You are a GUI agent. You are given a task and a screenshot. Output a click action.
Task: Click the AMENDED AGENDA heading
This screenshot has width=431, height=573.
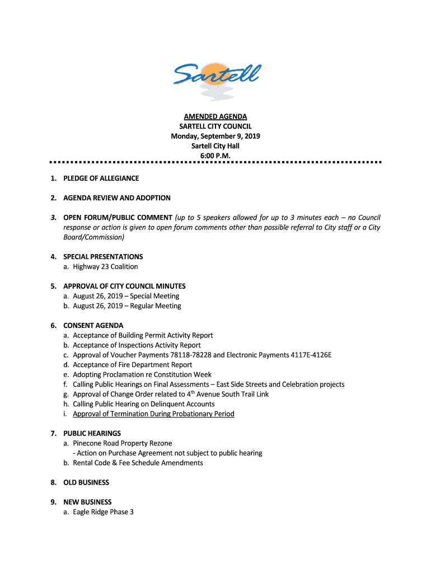(215, 116)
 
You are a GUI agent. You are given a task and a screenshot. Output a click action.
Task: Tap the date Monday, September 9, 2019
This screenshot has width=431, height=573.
(215, 136)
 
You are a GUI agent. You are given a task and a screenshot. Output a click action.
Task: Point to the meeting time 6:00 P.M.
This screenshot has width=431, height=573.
(215, 156)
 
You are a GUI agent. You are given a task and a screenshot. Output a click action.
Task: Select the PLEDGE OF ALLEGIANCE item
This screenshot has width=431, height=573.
(101, 179)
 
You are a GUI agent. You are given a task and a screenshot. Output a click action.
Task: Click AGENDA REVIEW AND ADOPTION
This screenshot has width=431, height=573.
(116, 198)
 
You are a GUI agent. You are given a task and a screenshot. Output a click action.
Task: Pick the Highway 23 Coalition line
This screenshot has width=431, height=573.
(105, 267)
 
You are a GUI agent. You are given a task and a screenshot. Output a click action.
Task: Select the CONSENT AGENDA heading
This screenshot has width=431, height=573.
(93, 326)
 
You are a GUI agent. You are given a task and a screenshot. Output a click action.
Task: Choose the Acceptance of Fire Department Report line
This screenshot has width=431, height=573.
(132, 365)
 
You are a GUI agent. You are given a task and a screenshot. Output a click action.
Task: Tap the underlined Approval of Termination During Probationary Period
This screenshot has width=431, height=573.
(153, 414)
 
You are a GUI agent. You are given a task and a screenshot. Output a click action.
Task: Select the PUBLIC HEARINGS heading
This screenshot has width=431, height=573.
(92, 434)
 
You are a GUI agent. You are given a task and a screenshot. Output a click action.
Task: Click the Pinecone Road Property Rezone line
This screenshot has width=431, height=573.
(122, 443)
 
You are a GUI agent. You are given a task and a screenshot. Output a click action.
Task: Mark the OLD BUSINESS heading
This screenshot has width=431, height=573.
(86, 482)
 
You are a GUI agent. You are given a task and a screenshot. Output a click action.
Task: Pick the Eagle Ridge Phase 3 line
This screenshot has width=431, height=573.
(103, 512)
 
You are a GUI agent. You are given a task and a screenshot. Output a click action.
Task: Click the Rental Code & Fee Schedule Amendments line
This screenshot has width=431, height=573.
(138, 463)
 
